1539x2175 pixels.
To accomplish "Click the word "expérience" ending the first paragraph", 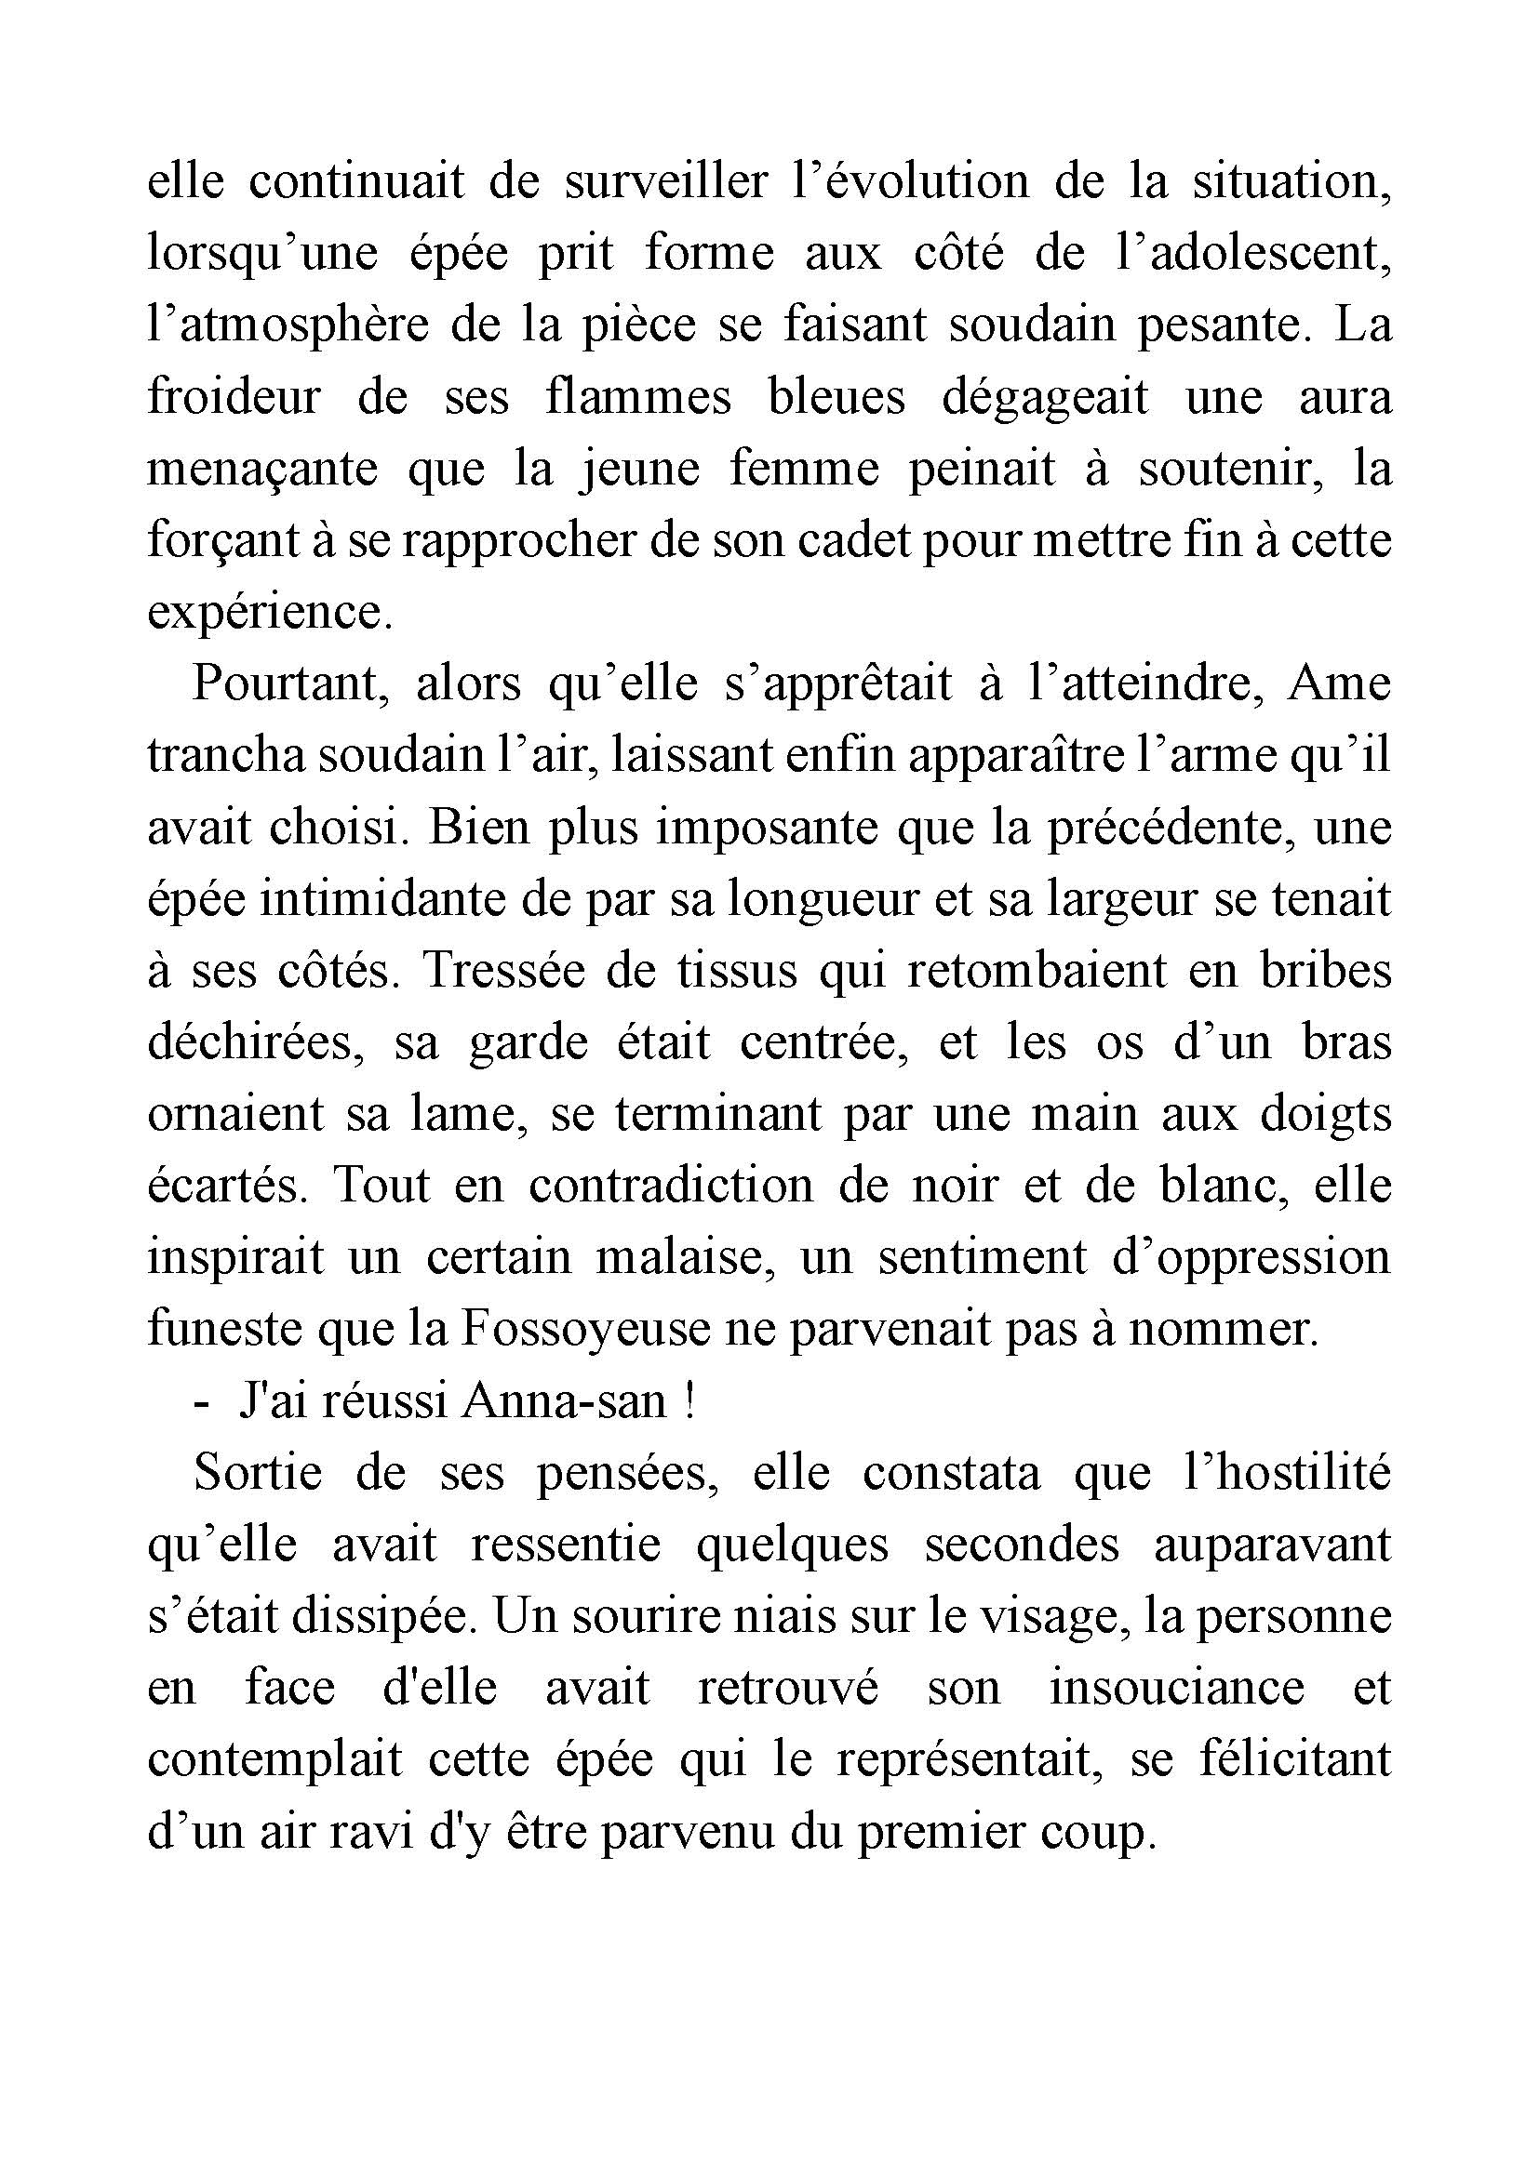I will pyautogui.click(x=269, y=613).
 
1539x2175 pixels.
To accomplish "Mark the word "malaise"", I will pyautogui.click(x=679, y=1257).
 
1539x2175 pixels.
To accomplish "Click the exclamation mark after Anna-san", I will pyautogui.click(x=689, y=1401).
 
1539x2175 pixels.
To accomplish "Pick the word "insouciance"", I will pyautogui.click(x=1176, y=1688).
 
